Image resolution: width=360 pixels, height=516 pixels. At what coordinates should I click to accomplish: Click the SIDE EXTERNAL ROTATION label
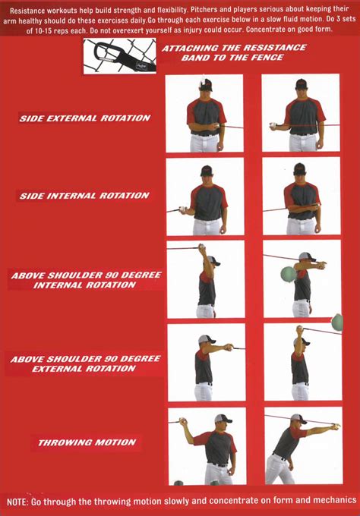(x=84, y=118)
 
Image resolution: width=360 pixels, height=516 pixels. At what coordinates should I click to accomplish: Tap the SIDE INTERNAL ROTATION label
(x=84, y=196)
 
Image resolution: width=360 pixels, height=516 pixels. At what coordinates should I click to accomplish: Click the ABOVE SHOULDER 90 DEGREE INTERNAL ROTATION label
(x=86, y=280)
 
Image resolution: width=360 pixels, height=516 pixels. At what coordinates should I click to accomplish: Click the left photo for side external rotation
(x=204, y=113)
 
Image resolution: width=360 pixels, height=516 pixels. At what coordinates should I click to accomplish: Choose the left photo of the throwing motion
(x=206, y=445)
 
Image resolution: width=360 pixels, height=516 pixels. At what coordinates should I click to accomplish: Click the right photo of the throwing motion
(x=302, y=445)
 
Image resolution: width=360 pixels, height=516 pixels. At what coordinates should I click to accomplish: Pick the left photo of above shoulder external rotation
(x=206, y=363)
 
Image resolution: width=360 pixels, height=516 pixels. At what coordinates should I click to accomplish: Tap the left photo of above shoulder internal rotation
(x=206, y=279)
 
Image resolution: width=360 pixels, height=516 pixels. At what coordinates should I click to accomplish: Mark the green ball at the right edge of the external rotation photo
(x=337, y=322)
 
